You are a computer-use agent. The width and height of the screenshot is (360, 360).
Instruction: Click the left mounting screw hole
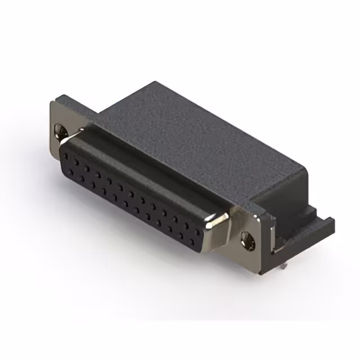(x=61, y=132)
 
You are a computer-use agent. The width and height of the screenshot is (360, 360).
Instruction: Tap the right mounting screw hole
(x=247, y=240)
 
